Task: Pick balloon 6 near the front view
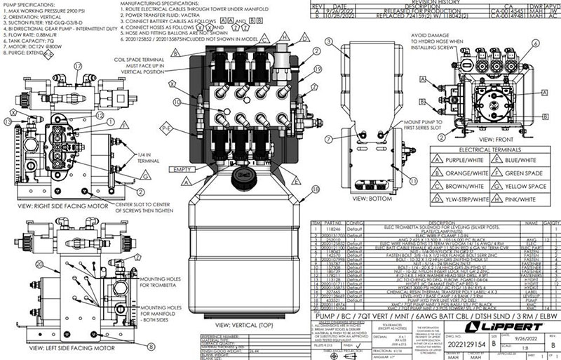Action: (536, 42)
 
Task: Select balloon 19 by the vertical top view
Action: (316, 70)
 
